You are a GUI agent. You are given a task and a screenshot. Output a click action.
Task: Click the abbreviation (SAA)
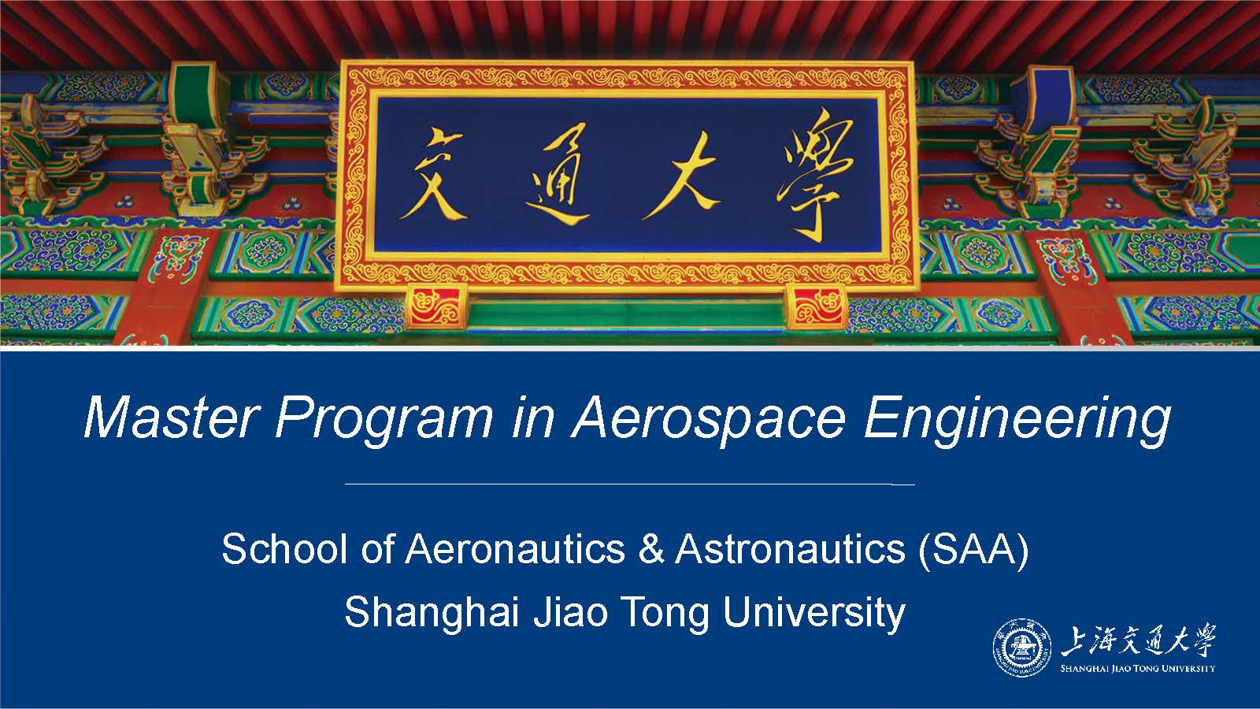pyautogui.click(x=973, y=550)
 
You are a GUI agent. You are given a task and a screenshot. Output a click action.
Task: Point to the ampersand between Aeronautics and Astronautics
pyautogui.click(x=651, y=548)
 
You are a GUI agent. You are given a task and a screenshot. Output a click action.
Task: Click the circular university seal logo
pyautogui.click(x=1022, y=648)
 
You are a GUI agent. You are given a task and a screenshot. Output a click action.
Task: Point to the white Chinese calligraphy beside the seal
pyautogui.click(x=1138, y=640)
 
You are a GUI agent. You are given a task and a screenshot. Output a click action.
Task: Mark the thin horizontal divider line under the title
pyautogui.click(x=629, y=484)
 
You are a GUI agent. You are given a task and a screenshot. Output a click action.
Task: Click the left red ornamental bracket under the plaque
pyautogui.click(x=436, y=306)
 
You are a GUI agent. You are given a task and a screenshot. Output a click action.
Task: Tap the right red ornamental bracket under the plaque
pyautogui.click(x=816, y=306)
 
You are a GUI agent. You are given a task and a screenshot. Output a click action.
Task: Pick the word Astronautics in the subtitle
pyautogui.click(x=791, y=548)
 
